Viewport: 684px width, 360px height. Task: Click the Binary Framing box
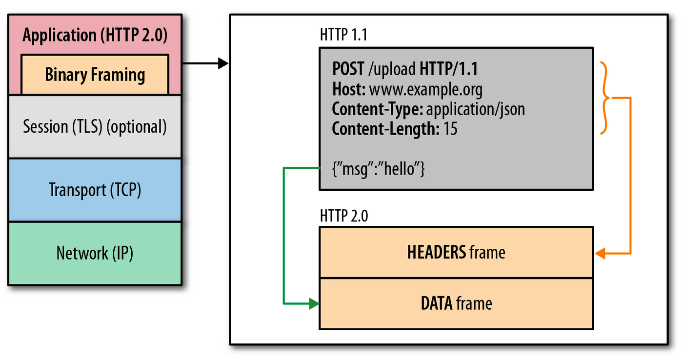pos(95,75)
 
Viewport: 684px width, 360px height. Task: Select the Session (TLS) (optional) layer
pos(95,126)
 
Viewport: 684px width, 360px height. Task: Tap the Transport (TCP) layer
pos(95,190)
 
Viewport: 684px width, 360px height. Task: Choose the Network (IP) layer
pos(95,253)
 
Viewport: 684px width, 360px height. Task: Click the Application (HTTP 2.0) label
pos(95,36)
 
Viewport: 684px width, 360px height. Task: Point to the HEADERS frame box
pos(456,252)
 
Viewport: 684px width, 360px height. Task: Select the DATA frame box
pos(456,303)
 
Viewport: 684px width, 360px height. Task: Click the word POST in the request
pos(348,69)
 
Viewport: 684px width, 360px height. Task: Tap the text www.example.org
pos(425,90)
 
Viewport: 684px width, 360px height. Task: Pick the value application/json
pos(475,109)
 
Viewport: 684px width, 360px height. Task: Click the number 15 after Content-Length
pos(450,129)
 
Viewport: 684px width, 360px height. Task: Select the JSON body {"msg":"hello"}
pos(379,170)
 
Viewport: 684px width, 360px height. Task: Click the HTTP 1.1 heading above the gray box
pos(343,35)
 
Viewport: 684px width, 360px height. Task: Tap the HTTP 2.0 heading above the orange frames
pos(343,215)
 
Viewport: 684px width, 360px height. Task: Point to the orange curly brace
pos(605,98)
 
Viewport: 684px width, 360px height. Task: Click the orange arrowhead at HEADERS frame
pos(600,254)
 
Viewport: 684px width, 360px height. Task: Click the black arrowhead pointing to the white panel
pos(223,63)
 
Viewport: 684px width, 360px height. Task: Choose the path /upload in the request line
pos(392,69)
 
